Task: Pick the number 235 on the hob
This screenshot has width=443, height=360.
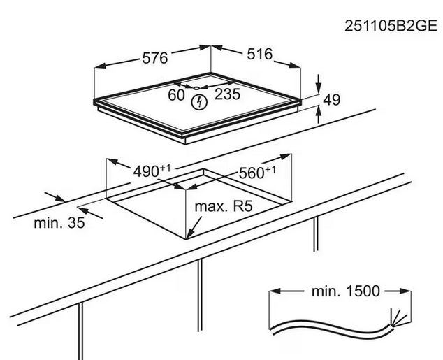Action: pyautogui.click(x=225, y=94)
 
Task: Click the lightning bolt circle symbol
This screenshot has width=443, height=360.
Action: pyautogui.click(x=201, y=103)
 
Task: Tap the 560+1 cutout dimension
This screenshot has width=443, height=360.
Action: pyautogui.click(x=257, y=173)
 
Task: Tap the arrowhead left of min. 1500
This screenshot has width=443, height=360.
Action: pyautogui.click(x=275, y=291)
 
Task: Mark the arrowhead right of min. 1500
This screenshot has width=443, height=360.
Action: pyautogui.click(x=405, y=291)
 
